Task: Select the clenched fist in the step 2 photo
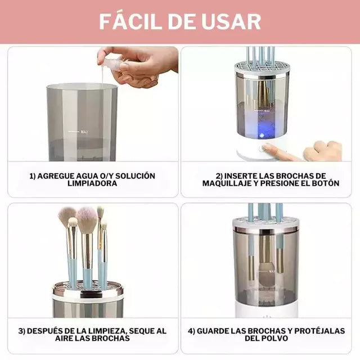tap(323, 151)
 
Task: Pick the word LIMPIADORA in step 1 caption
tap(92, 183)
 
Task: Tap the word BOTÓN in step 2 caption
tap(325, 183)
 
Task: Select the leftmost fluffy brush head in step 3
tap(66, 215)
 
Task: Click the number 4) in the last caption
tap(191, 330)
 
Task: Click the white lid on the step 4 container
tap(266, 224)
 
